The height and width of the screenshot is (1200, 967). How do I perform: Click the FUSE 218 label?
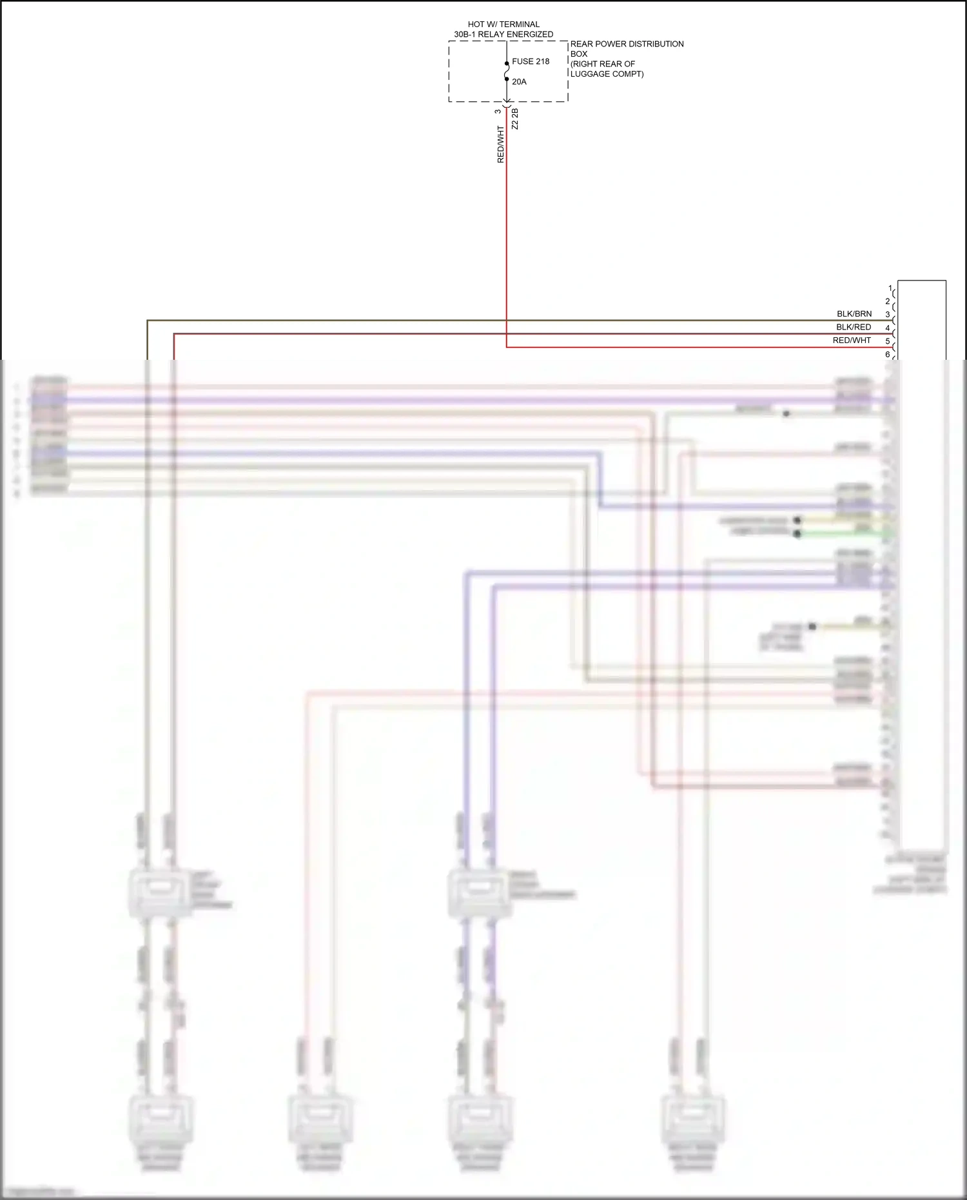pyautogui.click(x=530, y=62)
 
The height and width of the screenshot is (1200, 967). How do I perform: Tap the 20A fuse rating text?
pyautogui.click(x=519, y=82)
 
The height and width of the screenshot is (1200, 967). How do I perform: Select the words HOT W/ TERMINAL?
pyautogui.click(x=503, y=25)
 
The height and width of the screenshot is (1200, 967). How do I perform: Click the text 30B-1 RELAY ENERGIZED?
pyautogui.click(x=503, y=34)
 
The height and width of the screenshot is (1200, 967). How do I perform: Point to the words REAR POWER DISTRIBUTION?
pyautogui.click(x=627, y=44)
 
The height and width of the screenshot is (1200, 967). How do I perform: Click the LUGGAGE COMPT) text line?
pyautogui.click(x=607, y=74)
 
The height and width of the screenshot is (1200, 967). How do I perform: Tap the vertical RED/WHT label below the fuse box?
pyautogui.click(x=500, y=144)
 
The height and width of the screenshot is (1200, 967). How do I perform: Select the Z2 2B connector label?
pyautogui.click(x=514, y=119)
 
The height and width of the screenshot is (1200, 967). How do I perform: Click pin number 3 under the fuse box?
pyautogui.click(x=498, y=112)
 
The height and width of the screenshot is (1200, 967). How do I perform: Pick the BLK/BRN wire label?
pyautogui.click(x=854, y=314)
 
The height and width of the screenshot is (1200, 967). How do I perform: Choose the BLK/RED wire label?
pyautogui.click(x=854, y=327)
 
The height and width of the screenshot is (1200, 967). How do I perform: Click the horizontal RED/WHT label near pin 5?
pyautogui.click(x=852, y=340)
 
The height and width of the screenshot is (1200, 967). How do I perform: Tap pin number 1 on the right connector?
pyautogui.click(x=890, y=288)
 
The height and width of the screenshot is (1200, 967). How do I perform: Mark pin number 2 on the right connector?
pyautogui.click(x=888, y=301)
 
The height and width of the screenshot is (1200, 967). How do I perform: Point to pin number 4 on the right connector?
pyautogui.click(x=888, y=328)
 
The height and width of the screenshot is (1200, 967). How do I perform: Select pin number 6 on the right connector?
pyautogui.click(x=888, y=354)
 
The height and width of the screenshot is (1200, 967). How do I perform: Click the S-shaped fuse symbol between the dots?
pyautogui.click(x=507, y=72)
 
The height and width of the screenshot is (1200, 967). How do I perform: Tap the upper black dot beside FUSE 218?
pyautogui.click(x=507, y=63)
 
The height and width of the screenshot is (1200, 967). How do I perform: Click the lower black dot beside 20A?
pyautogui.click(x=507, y=79)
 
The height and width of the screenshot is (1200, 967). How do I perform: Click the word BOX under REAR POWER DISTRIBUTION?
pyautogui.click(x=579, y=54)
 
